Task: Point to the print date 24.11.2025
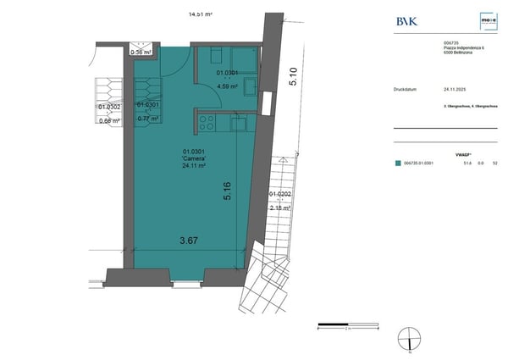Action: pos(456,87)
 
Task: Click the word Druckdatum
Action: pos(407,87)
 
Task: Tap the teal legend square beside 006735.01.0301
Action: pos(398,163)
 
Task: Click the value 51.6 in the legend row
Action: pos(466,163)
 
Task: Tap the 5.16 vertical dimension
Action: pos(226,191)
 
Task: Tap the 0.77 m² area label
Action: pos(148,119)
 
